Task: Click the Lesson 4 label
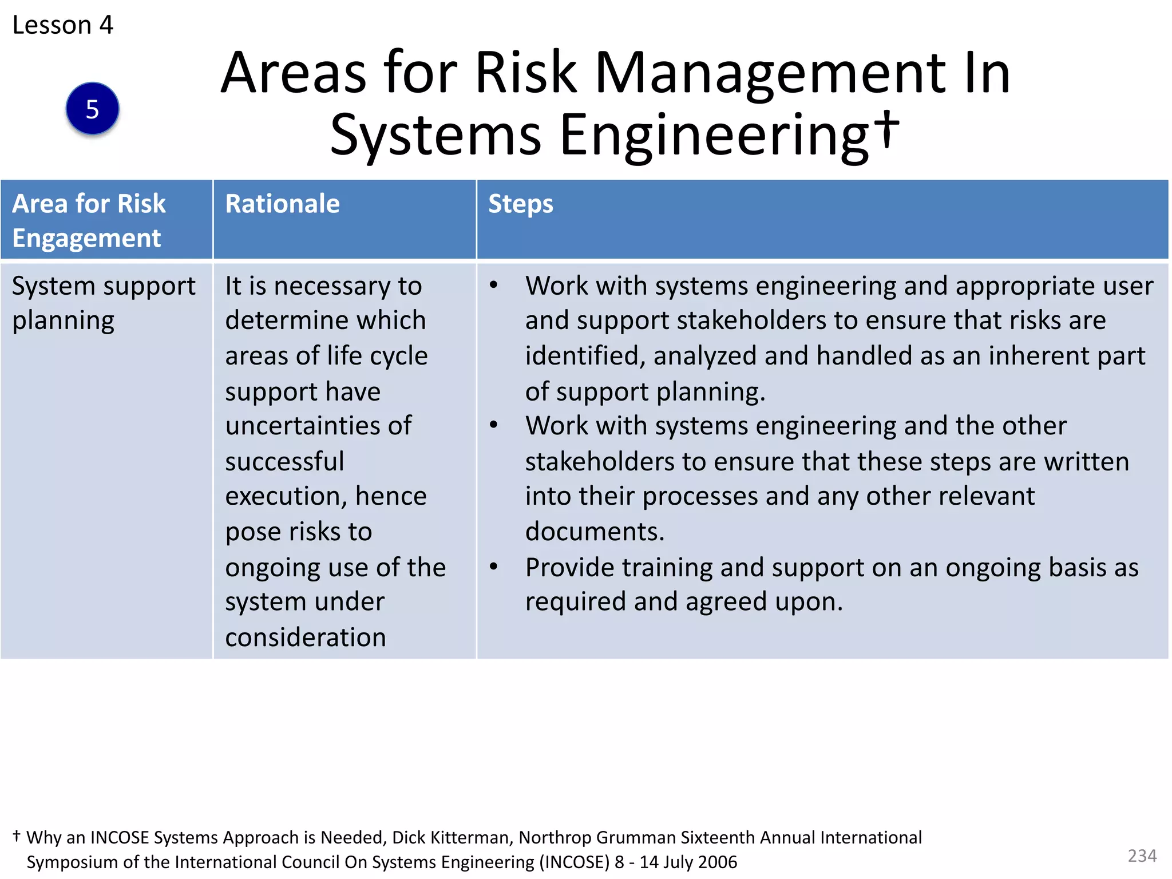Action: pyautogui.click(x=63, y=25)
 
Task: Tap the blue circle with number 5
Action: pyautogui.click(x=92, y=109)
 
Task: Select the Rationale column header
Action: pyautogui.click(x=282, y=204)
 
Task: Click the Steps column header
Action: pyautogui.click(x=520, y=204)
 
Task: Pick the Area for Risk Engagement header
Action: pyautogui.click(x=89, y=220)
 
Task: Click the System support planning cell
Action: pyautogui.click(x=103, y=303)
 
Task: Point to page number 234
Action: pyautogui.click(x=1142, y=856)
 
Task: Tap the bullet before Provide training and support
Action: pyautogui.click(x=493, y=567)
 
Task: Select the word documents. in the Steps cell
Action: pyautogui.click(x=595, y=532)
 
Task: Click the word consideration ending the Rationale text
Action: pyautogui.click(x=306, y=638)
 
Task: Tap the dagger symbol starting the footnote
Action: pyautogui.click(x=17, y=836)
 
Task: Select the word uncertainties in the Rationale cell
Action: pyautogui.click(x=302, y=426)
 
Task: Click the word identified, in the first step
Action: pyautogui.click(x=585, y=356)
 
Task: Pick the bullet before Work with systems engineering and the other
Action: pyautogui.click(x=493, y=425)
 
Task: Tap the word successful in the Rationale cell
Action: pyautogui.click(x=284, y=461)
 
